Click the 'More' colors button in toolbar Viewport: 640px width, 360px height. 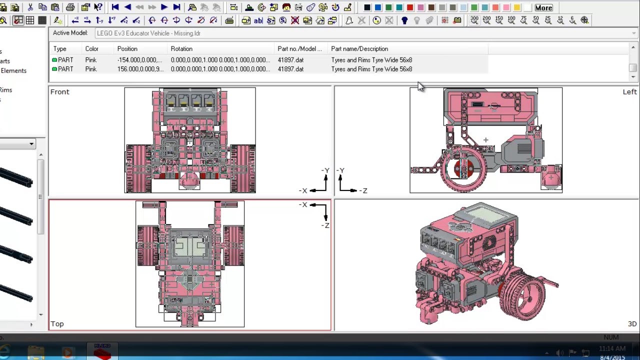[x=543, y=7]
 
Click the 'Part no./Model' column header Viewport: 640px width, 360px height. [x=299, y=48]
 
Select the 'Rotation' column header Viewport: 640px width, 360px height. [x=181, y=48]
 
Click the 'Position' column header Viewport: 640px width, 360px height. [x=127, y=48]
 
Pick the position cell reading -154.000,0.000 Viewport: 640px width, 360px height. [x=139, y=60]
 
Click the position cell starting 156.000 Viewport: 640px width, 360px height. [x=140, y=69]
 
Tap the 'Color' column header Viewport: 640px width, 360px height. [x=91, y=48]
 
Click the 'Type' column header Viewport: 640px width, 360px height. [x=59, y=48]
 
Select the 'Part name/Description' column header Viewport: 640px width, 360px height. [x=359, y=48]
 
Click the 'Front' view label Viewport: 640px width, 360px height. [x=59, y=91]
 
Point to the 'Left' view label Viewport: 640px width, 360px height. [x=629, y=91]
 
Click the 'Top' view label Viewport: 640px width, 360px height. [x=57, y=323]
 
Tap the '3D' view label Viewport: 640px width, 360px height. [x=632, y=323]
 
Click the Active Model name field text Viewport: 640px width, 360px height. [x=148, y=33]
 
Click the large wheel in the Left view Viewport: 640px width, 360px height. [x=463, y=168]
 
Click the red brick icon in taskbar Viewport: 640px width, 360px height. [x=102, y=352]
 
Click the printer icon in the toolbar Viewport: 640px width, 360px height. [x=70, y=7]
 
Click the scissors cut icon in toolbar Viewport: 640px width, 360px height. [x=30, y=7]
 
